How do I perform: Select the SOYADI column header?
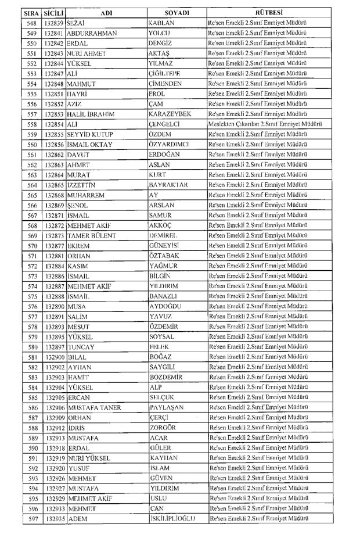(177, 12)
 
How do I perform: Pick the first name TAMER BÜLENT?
(92, 235)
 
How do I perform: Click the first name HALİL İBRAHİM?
(91, 113)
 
